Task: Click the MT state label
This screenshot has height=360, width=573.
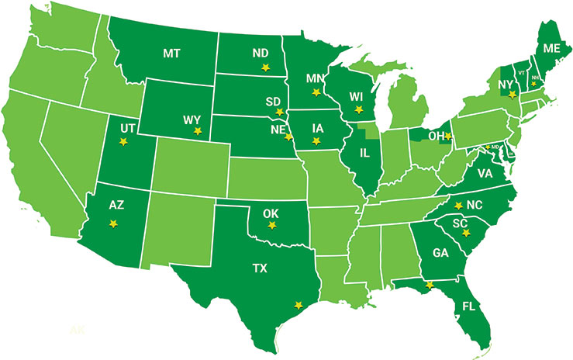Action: pyautogui.click(x=171, y=53)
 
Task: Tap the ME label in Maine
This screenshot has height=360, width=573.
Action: pyautogui.click(x=551, y=48)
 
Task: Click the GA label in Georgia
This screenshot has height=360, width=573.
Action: pyautogui.click(x=440, y=252)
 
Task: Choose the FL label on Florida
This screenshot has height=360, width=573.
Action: pyautogui.click(x=468, y=306)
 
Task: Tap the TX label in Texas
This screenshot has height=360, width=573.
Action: pyautogui.click(x=259, y=268)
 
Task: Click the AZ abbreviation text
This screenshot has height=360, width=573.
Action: pyautogui.click(x=116, y=206)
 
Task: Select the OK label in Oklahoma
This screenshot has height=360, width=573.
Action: pyautogui.click(x=271, y=211)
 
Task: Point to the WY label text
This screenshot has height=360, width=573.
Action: pyautogui.click(x=192, y=119)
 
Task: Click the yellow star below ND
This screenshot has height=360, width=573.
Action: pyautogui.click(x=265, y=67)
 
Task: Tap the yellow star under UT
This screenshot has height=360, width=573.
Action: pyautogui.click(x=122, y=141)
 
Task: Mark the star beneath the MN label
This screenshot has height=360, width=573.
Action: pyautogui.click(x=315, y=92)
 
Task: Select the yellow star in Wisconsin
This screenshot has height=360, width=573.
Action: pyautogui.click(x=357, y=109)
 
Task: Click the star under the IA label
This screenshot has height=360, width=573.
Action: pyautogui.click(x=315, y=140)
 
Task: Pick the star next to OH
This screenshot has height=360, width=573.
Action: pyautogui.click(x=447, y=136)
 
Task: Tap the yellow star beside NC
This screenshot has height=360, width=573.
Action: pyautogui.click(x=458, y=205)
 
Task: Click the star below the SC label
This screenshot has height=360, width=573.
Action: pyautogui.click(x=465, y=233)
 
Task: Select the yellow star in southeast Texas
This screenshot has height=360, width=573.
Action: pyautogui.click(x=295, y=305)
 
